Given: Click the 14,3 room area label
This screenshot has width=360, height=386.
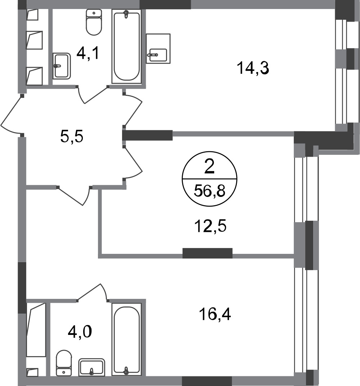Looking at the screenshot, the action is click(x=253, y=68).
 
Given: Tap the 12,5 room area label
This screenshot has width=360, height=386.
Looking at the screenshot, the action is click(x=210, y=226).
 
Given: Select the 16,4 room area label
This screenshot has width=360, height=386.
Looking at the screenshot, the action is click(x=215, y=314).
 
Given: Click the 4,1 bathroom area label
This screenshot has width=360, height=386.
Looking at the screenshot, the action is click(x=88, y=53).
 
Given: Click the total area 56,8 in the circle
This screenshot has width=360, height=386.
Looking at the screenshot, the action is click(x=210, y=191).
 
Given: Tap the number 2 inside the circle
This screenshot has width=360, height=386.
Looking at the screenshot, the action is click(x=210, y=167).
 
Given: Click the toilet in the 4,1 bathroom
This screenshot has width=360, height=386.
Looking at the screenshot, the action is click(x=94, y=22).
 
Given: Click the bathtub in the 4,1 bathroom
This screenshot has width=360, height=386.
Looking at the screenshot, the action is click(x=126, y=46).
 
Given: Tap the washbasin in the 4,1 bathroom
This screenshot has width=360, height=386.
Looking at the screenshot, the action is click(x=62, y=66).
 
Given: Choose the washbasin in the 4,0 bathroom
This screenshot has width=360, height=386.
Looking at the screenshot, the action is click(x=91, y=367).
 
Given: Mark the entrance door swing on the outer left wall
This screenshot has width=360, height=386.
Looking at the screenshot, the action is click(x=12, y=115).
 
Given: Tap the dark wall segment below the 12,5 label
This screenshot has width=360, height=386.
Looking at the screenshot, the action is click(x=207, y=253).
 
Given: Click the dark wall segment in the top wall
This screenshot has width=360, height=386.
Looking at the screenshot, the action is click(x=165, y=4).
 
